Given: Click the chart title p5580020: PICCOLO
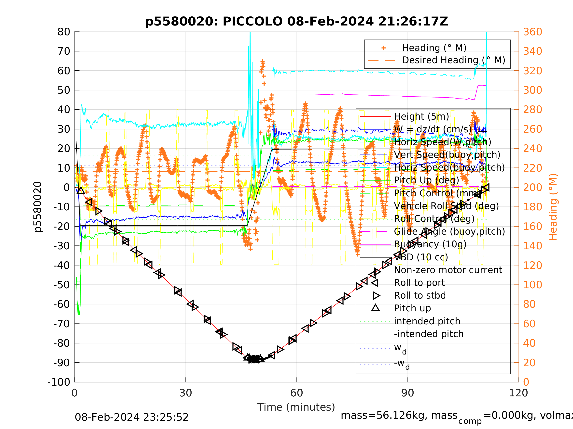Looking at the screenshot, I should coord(296,22).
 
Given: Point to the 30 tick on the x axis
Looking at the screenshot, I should coord(185,393).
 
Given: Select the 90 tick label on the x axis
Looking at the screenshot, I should coord(407,393).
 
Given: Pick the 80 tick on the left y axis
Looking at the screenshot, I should coord(64,32).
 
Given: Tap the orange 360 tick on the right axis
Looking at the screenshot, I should coord(532,32).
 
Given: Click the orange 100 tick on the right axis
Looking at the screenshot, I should coord(532,285).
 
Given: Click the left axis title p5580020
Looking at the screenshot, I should coord(38,207).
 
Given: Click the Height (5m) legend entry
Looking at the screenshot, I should coord(421,117).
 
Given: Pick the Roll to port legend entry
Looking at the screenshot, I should coord(419,283).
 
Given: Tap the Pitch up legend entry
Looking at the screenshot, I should coord(412,308).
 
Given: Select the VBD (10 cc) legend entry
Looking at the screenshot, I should coord(421,257).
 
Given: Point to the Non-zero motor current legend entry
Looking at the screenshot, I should coord(448,270).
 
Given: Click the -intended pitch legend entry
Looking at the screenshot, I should coord(428,334).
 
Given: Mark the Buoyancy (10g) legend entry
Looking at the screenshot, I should coord(430,244).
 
